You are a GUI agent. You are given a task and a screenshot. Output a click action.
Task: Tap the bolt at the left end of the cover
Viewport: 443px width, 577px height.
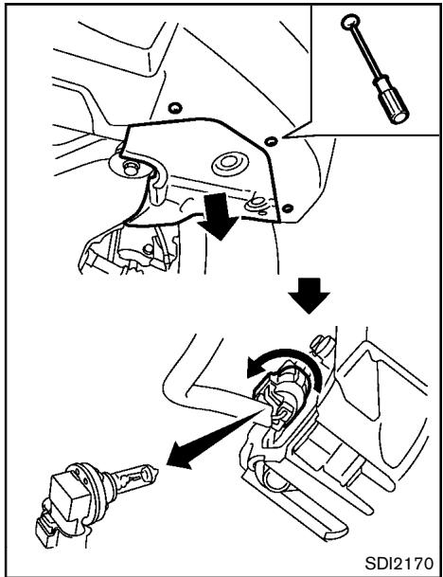132,168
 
